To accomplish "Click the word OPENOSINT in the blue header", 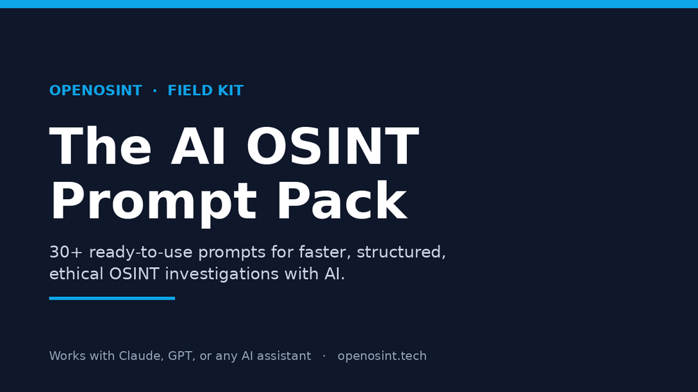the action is pyautogui.click(x=96, y=90).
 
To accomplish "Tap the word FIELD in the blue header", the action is pyautogui.click(x=184, y=90).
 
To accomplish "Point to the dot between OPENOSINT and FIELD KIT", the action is pyautogui.click(x=155, y=90).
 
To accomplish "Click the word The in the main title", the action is pyautogui.click(x=101, y=146).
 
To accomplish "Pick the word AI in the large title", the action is pyautogui.click(x=199, y=146).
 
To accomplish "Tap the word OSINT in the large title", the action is pyautogui.click(x=333, y=146).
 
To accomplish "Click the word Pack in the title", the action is pyautogui.click(x=342, y=201).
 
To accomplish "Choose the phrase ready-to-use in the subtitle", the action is pyautogui.click(x=141, y=253).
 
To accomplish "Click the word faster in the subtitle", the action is pyautogui.click(x=323, y=253).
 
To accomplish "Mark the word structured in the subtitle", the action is pyautogui.click(x=401, y=253).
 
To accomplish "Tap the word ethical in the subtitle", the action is pyautogui.click(x=76, y=274).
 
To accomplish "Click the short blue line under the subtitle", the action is pyautogui.click(x=113, y=298).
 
